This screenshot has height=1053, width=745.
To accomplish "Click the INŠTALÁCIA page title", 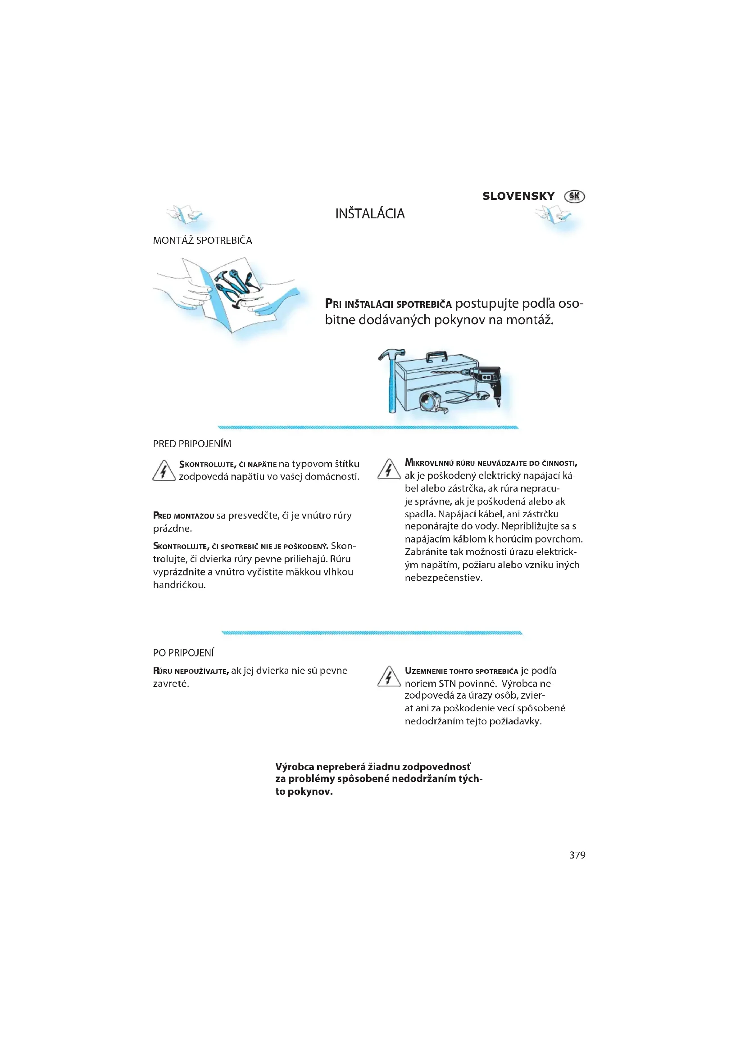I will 370,214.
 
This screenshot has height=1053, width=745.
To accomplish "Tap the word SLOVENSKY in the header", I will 518,196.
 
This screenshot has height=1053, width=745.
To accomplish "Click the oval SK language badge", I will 574,196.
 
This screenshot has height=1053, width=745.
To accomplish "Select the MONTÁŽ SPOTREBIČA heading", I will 202,240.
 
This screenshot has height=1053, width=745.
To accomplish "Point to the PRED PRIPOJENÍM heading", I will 192,443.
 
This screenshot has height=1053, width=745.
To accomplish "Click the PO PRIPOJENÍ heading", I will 183,653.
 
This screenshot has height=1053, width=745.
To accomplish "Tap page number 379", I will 577,855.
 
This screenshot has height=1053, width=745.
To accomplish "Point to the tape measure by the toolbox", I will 432,402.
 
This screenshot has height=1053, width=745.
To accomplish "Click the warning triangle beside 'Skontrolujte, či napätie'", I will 164,470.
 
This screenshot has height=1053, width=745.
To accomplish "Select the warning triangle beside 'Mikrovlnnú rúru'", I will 389,469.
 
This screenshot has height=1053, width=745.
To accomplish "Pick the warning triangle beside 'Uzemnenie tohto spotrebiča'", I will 389,677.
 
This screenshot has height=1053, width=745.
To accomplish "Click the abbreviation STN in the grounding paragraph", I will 447,683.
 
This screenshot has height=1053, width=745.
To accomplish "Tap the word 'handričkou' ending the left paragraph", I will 179,585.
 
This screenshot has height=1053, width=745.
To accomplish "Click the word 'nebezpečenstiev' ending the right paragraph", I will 443,578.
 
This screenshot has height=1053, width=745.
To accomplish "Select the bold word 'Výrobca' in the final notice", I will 295,767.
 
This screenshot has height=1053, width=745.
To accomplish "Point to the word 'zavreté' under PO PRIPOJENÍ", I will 171,683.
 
